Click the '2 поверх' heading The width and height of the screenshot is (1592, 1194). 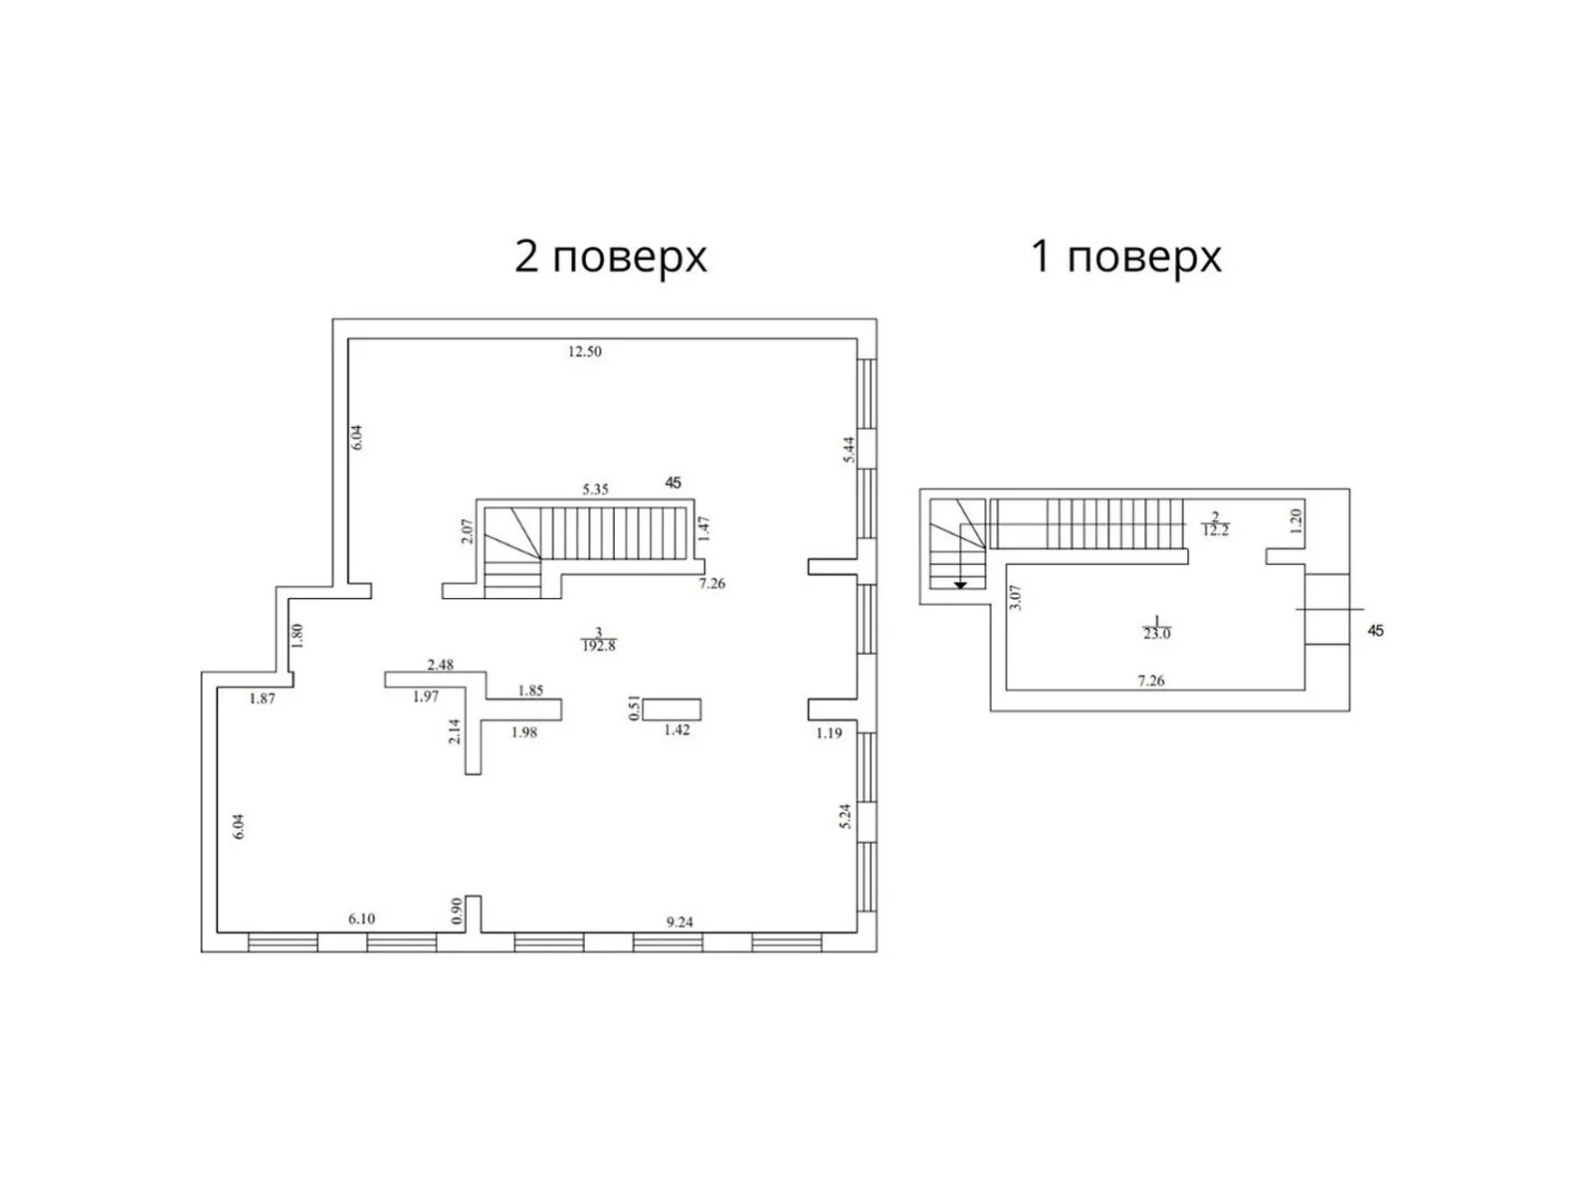(610, 257)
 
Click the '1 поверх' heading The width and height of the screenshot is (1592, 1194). (1125, 257)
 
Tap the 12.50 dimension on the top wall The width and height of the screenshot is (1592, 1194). (585, 351)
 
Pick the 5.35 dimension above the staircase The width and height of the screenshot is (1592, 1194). (595, 490)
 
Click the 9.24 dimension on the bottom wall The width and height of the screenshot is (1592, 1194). (680, 922)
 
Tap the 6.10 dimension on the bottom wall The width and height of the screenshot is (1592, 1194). (361, 919)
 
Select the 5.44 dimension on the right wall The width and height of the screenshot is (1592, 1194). (849, 450)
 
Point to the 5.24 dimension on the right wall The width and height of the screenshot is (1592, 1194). (846, 816)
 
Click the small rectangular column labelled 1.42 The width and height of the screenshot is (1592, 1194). (672, 709)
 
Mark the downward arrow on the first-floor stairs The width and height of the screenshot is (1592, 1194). (960, 584)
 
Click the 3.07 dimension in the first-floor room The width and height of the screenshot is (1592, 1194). (1015, 597)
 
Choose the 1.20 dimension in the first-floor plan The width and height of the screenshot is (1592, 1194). (1295, 520)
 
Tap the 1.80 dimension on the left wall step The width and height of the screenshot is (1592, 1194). (297, 636)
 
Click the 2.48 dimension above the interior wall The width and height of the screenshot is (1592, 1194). (440, 665)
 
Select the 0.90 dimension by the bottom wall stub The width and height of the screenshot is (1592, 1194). (457, 911)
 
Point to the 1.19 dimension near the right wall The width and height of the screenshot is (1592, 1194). (829, 733)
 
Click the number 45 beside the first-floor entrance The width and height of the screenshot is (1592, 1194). (1376, 631)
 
